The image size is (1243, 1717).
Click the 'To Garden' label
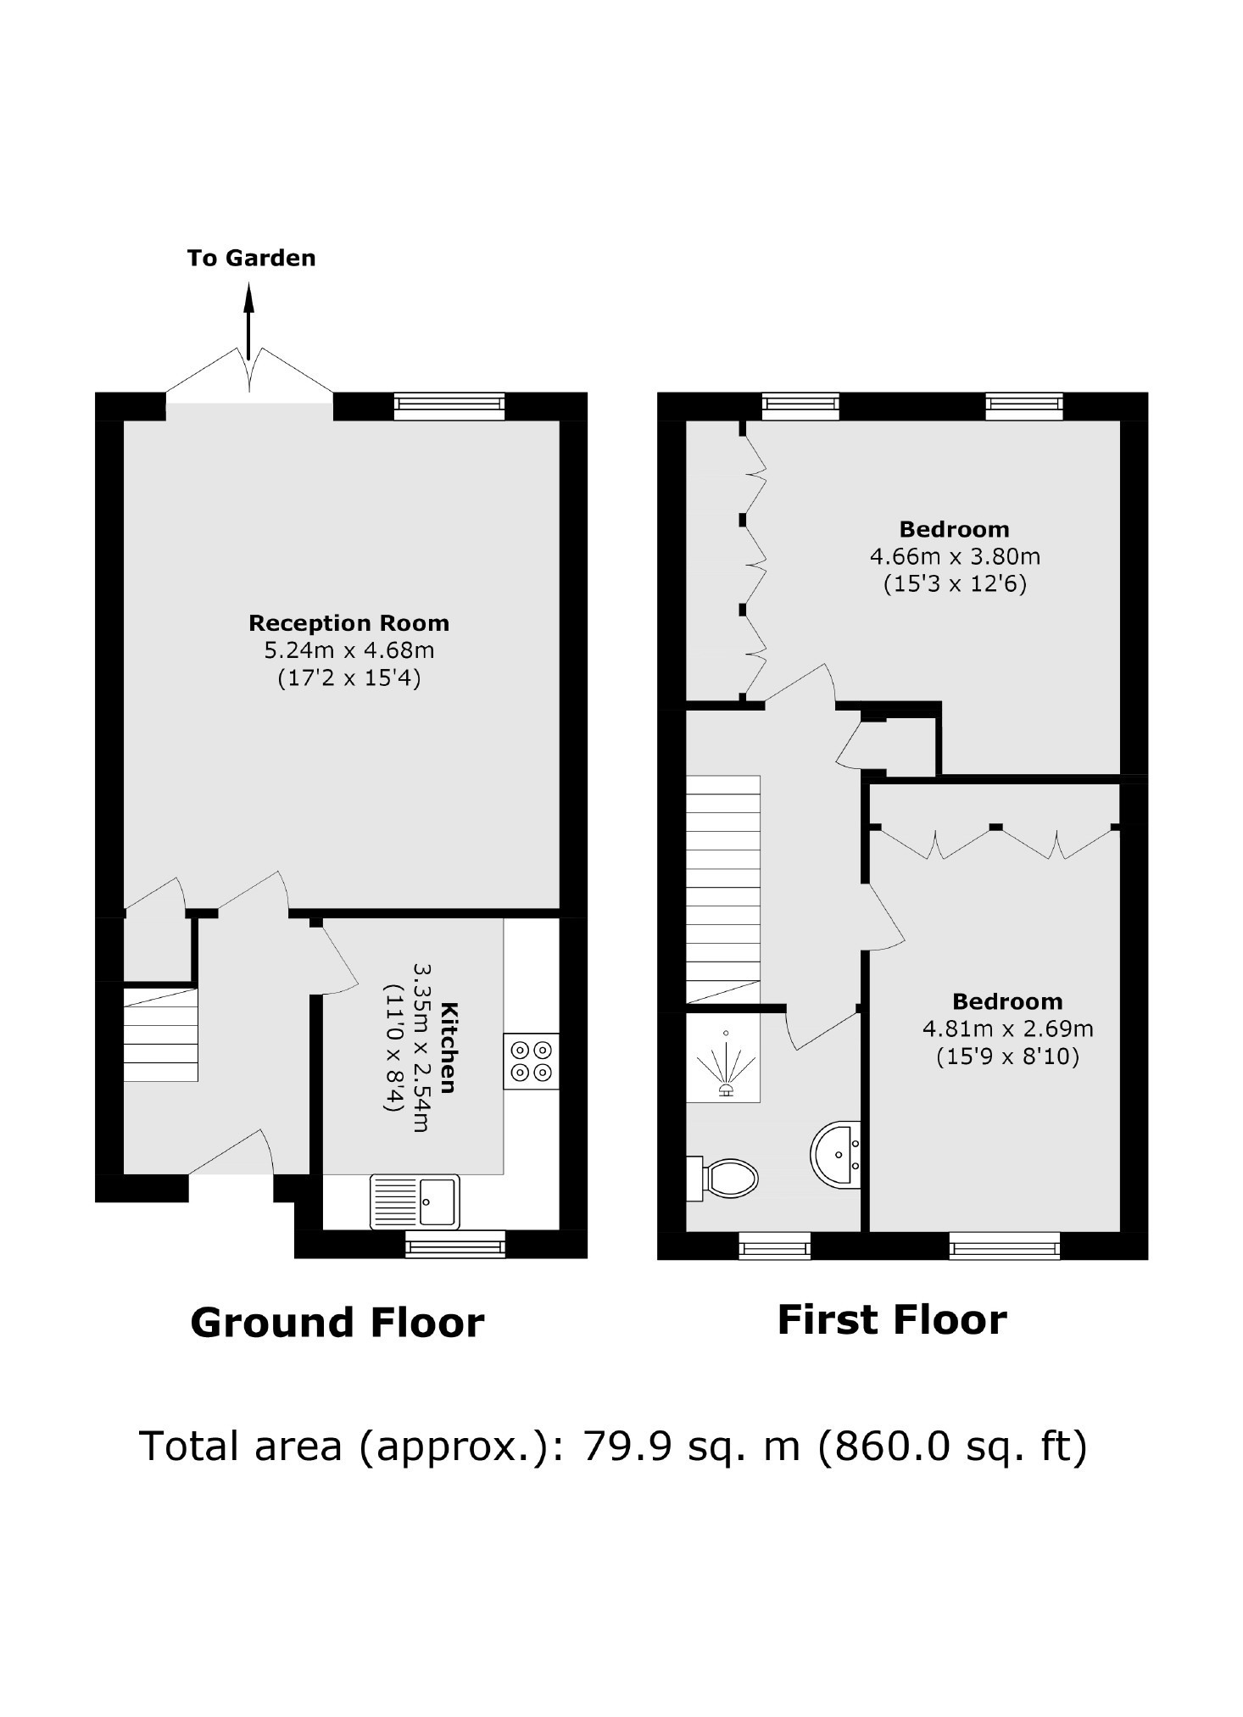pyautogui.click(x=251, y=258)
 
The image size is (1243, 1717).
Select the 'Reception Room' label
pyautogui.click(x=348, y=623)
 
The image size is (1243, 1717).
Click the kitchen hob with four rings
pyautogui.click(x=531, y=1061)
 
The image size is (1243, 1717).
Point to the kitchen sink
pyautogui.click(x=415, y=1201)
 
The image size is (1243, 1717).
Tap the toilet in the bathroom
pyautogui.click(x=722, y=1179)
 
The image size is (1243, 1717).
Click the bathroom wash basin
pyautogui.click(x=836, y=1155)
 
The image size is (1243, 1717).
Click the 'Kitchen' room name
pyautogui.click(x=449, y=1048)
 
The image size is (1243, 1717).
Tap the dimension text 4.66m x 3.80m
pyautogui.click(x=955, y=557)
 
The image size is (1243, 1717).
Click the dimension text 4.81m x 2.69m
pyautogui.click(x=1007, y=1029)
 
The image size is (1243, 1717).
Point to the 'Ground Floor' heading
pyautogui.click(x=337, y=1323)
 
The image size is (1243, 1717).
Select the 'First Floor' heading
pyautogui.click(x=892, y=1320)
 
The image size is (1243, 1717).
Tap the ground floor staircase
pyautogui.click(x=161, y=1034)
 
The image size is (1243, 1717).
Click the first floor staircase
pyautogui.click(x=722, y=889)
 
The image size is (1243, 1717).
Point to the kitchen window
pyautogui.click(x=455, y=1244)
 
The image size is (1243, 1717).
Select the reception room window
pyautogui.click(x=449, y=407)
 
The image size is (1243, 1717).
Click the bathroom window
pyautogui.click(x=775, y=1245)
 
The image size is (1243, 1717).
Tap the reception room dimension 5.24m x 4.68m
pyautogui.click(x=349, y=651)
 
